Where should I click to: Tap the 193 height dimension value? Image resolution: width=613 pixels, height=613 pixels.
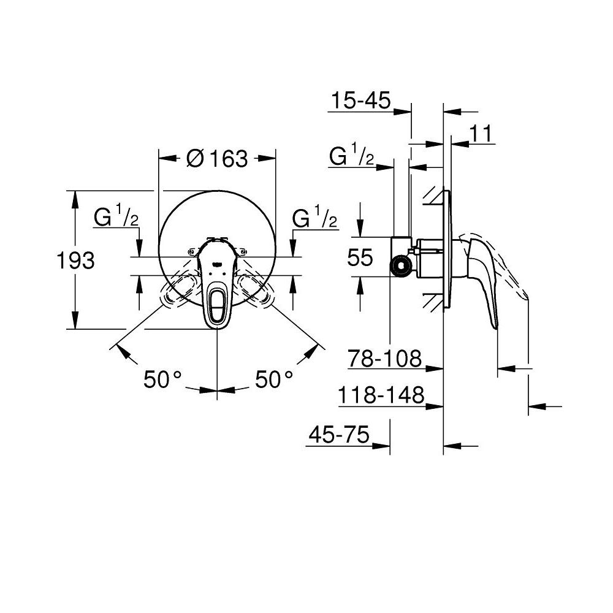pos(75,261)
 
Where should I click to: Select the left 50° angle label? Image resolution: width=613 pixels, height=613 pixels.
pos(164,379)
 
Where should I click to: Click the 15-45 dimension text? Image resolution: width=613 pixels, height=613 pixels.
pos(359,101)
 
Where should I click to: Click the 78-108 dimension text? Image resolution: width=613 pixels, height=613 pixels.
pos(385,359)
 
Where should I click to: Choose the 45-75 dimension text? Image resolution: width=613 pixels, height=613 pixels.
pos(339,435)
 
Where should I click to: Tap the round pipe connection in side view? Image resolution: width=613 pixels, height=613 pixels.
pos(400,265)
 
